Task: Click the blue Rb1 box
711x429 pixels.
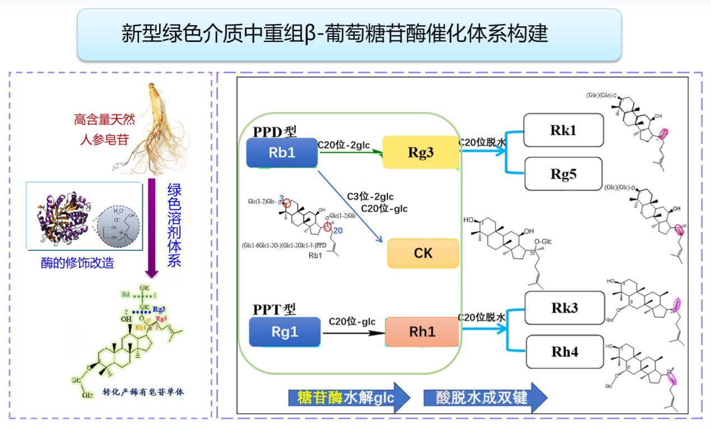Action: coord(282,152)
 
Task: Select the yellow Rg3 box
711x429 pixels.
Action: coord(421,152)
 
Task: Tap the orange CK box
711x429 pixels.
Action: coord(423,253)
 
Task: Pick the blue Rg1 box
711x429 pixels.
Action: coord(285,332)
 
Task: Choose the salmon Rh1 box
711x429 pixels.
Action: coord(422,332)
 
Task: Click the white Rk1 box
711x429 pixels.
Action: coord(563,130)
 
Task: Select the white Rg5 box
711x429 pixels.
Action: coord(563,174)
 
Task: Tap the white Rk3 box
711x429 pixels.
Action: coord(564,308)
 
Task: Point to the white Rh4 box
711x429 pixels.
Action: coord(564,352)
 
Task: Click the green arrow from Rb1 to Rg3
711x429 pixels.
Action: coord(350,152)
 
